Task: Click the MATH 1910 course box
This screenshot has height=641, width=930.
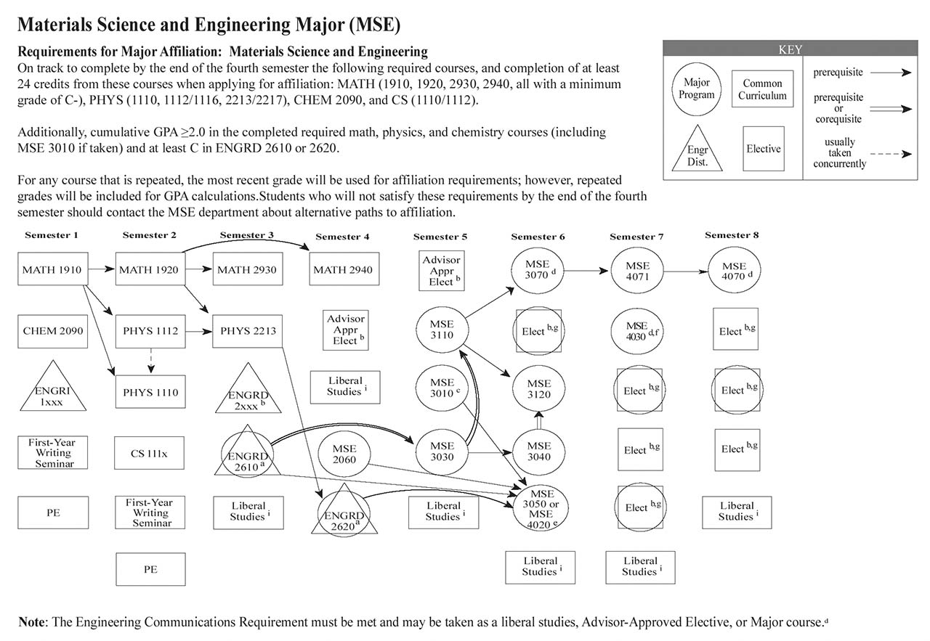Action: click(52, 270)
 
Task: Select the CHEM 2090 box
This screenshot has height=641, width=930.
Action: click(52, 331)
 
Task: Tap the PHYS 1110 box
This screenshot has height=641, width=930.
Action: click(150, 392)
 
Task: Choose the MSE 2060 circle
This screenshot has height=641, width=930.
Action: click(344, 454)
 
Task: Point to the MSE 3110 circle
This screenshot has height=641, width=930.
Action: click(442, 331)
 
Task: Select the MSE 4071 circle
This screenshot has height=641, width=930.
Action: click(636, 271)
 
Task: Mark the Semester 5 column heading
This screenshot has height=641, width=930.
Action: click(440, 237)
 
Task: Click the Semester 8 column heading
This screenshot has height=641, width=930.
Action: click(732, 235)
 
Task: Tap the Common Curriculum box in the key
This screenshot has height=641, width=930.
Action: click(762, 89)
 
